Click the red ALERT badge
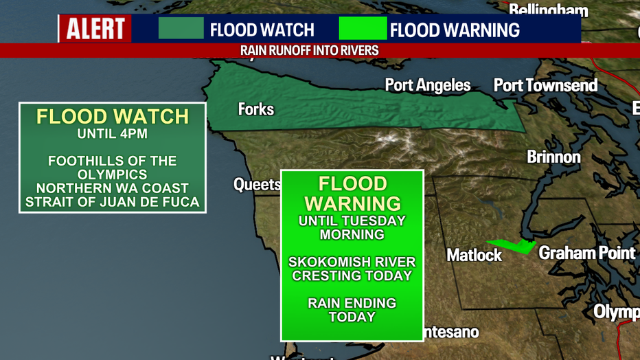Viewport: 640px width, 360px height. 95,29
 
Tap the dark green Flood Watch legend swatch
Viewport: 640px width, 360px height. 181,29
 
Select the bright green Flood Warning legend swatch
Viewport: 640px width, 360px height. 363,29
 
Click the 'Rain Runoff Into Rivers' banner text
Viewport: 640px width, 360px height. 309,51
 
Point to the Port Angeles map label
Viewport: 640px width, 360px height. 428,85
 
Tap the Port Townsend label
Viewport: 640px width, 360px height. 545,85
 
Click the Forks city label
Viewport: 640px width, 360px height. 255,109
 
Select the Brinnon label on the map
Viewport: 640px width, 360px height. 553,157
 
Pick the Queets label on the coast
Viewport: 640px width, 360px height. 257,184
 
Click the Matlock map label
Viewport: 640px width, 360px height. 474,255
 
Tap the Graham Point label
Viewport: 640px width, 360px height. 586,253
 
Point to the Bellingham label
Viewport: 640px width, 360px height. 548,10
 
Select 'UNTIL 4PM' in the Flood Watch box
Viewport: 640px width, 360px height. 112,134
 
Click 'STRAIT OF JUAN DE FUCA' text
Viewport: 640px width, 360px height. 112,202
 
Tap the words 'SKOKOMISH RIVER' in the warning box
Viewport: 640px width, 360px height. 352,262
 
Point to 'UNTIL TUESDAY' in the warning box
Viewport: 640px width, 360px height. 352,221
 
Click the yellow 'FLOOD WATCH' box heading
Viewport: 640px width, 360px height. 112,116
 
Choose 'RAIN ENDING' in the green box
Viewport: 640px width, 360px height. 352,303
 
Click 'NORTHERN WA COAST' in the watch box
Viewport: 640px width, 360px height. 112,188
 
